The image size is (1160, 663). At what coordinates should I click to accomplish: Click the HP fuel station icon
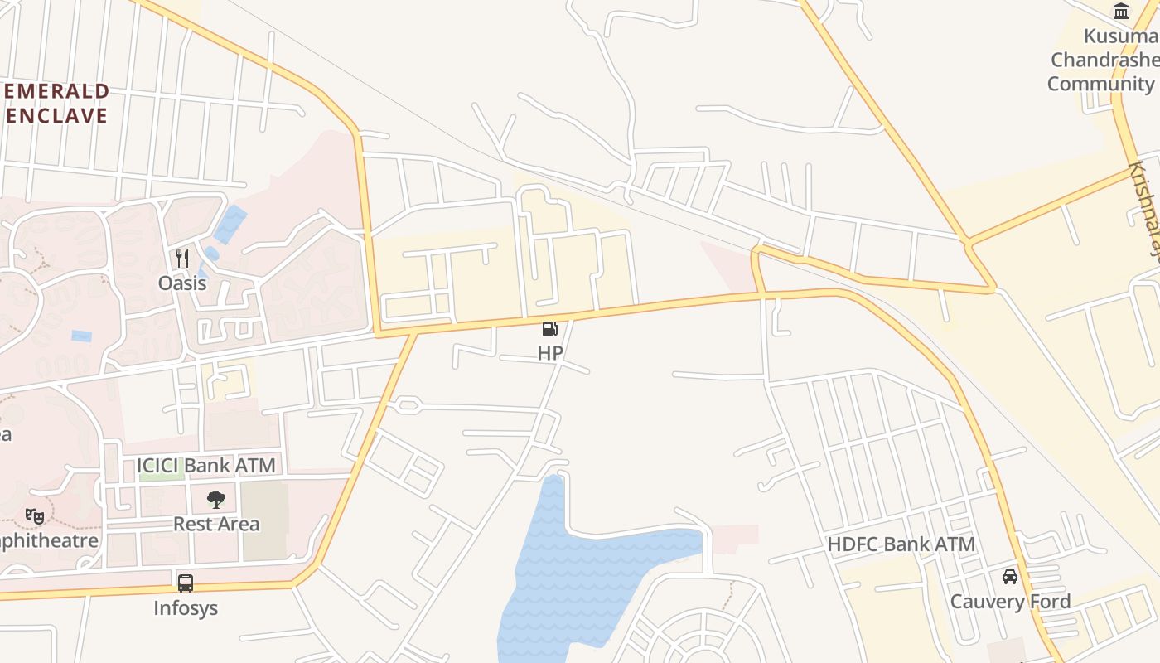(549, 329)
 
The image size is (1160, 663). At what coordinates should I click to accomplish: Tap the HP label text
(550, 353)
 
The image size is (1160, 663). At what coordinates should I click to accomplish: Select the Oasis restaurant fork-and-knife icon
(182, 258)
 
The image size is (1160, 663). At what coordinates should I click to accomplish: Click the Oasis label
(182, 283)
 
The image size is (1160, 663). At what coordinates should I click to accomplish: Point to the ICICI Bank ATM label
(205, 466)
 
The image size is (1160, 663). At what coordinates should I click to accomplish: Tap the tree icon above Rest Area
(216, 499)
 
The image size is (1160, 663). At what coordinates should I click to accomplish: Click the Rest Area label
(216, 524)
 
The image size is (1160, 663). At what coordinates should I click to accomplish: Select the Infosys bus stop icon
(186, 583)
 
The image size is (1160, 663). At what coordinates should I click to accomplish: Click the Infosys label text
(186, 607)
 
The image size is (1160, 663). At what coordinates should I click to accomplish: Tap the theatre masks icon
(35, 516)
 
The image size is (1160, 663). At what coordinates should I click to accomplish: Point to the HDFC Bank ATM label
(901, 544)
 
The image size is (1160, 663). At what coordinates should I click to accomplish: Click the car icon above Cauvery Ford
(1010, 576)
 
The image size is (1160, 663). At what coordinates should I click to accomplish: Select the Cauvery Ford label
(1010, 601)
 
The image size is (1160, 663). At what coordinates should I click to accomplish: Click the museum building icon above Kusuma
(1122, 11)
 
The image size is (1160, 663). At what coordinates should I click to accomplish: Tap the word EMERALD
(56, 91)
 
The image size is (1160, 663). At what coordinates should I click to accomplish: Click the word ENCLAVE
(56, 115)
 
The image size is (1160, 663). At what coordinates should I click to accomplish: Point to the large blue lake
(580, 572)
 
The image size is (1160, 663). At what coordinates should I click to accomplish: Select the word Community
(1100, 84)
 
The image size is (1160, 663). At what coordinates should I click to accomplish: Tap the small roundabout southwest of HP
(407, 405)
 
